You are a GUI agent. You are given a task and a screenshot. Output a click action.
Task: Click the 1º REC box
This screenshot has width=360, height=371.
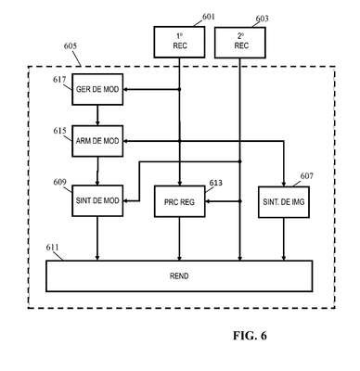click(x=179, y=42)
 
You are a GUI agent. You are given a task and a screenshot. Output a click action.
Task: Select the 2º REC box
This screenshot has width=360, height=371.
click(x=240, y=43)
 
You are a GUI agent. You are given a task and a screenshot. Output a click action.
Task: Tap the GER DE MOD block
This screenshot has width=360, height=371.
click(x=97, y=89)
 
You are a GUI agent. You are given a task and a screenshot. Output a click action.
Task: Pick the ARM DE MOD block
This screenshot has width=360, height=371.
click(x=97, y=141)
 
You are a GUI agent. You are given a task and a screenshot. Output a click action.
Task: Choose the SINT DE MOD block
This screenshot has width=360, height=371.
click(x=97, y=200)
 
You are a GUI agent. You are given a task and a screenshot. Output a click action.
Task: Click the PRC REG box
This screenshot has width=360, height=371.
click(x=179, y=201)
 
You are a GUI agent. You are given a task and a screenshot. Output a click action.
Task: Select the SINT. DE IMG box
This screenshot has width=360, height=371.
click(x=284, y=202)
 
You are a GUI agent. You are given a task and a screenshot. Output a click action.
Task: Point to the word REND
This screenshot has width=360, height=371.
click(x=179, y=275)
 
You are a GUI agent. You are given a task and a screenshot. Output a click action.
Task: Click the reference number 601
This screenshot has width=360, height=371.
click(x=208, y=17)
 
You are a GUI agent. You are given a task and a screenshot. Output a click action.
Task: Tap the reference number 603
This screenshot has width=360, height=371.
click(x=262, y=19)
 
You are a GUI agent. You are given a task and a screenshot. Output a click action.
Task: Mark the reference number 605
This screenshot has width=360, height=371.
click(x=71, y=46)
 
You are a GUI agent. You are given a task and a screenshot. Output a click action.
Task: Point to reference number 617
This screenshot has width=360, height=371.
click(x=59, y=80)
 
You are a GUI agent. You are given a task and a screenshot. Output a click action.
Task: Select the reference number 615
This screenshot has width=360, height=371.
click(x=59, y=131)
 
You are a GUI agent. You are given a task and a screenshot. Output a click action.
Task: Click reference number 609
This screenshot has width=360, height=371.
click(x=59, y=182)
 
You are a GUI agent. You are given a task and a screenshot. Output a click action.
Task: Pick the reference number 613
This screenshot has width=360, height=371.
click(x=216, y=183)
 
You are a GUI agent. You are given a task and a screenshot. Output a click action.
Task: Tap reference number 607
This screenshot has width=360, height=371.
click(x=307, y=176)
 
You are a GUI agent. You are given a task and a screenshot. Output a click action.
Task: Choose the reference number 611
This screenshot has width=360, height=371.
click(x=52, y=248)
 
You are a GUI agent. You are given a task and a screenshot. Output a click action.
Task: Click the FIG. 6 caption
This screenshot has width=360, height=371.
click(x=250, y=336)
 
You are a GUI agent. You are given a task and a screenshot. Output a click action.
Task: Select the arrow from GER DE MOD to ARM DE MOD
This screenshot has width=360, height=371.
click(x=97, y=115)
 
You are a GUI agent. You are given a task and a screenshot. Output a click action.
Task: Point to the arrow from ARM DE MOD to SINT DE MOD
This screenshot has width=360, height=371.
click(x=97, y=171)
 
